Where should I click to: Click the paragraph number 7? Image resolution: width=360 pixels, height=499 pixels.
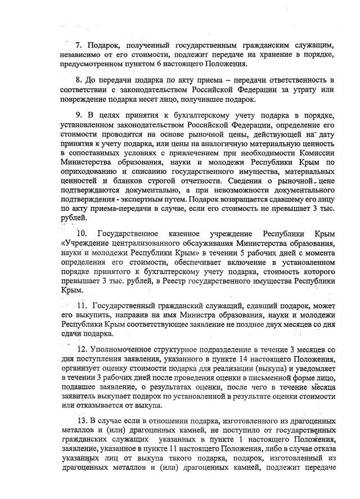click(x=79, y=44)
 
